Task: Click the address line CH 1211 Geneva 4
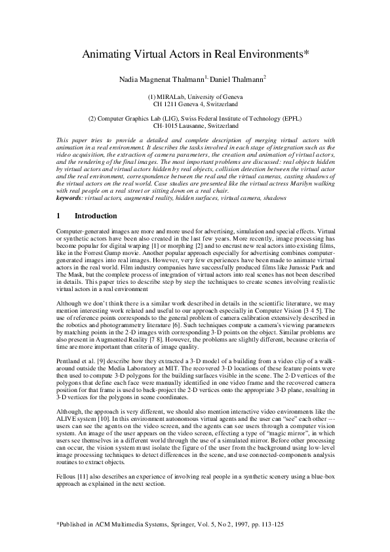tap(195, 104)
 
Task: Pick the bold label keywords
tap(71, 196)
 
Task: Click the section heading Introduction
tap(96, 216)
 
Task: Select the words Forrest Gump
tap(100, 251)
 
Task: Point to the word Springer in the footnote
tap(171, 526)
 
